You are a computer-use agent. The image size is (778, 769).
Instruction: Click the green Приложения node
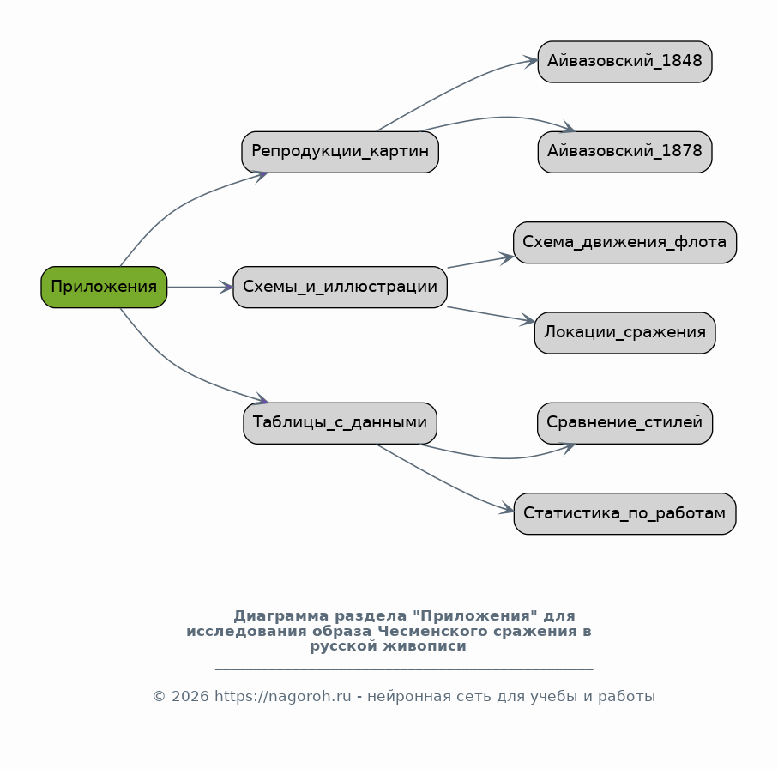(x=104, y=287)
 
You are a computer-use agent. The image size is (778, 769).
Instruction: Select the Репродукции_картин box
(x=340, y=152)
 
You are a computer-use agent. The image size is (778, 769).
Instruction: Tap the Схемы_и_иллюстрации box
(x=340, y=287)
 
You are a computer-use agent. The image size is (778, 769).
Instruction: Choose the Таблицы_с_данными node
(x=340, y=423)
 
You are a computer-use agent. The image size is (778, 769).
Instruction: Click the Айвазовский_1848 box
(x=624, y=62)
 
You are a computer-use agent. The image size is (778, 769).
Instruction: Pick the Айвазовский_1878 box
(x=624, y=152)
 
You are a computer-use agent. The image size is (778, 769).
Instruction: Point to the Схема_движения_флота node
(x=624, y=242)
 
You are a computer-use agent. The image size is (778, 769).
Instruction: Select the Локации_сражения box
(x=624, y=333)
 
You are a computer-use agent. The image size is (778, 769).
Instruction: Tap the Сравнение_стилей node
(x=624, y=423)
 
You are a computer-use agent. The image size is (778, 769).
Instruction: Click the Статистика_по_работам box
(x=624, y=513)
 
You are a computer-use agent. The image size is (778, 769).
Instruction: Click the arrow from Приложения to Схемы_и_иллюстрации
(x=200, y=287)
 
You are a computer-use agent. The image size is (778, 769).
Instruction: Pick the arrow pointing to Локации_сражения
(x=492, y=315)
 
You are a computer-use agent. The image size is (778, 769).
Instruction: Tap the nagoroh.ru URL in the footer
(x=283, y=697)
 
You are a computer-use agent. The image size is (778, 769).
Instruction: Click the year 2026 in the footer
(x=190, y=697)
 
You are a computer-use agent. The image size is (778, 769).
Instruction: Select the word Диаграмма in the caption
(x=281, y=616)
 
